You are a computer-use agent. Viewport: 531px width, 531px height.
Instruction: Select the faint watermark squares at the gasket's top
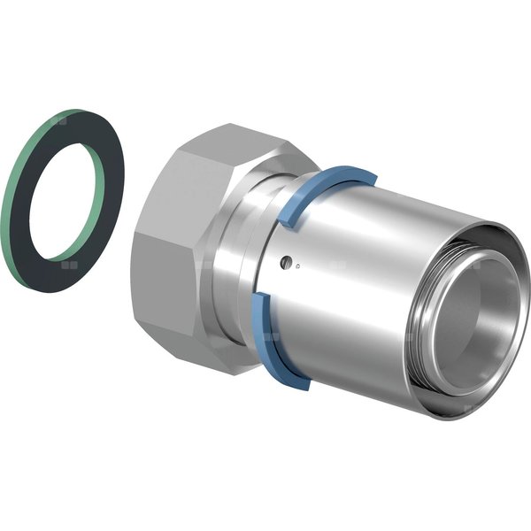[60, 116]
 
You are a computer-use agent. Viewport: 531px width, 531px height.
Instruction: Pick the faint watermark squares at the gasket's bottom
[65, 262]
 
